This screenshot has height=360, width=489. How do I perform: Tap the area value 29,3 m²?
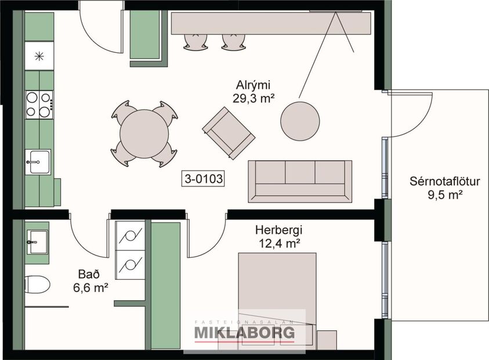[x=253, y=99]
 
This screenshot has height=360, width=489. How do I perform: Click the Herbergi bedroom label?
[x=279, y=230]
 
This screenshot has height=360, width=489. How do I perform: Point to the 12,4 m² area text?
[x=279, y=243]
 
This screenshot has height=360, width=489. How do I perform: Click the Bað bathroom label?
[x=89, y=273]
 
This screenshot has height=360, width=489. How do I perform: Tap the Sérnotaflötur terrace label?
[x=444, y=181]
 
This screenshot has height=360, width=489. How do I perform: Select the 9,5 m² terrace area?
[x=444, y=195]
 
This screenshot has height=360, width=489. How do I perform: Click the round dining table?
[x=144, y=134]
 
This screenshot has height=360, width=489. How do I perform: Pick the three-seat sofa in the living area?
[x=300, y=181]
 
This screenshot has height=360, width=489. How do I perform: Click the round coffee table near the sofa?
[x=300, y=120]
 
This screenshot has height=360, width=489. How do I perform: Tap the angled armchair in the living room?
[x=229, y=132]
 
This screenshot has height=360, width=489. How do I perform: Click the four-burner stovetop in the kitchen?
[x=39, y=105]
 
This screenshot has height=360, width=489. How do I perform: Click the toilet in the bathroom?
[x=37, y=285]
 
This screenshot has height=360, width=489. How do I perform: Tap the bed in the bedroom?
[x=277, y=296]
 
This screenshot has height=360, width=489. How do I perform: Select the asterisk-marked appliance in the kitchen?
[x=39, y=56]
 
